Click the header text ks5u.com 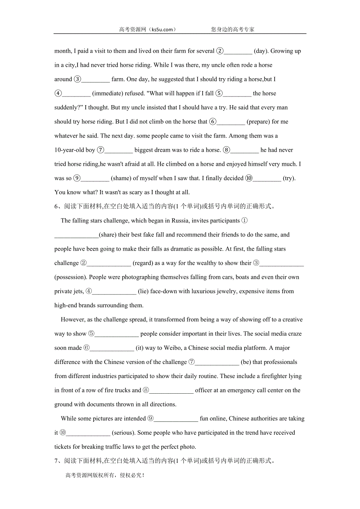click(160, 29)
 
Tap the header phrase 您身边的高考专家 click(233, 29)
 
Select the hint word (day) click(261, 51)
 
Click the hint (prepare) click(257, 122)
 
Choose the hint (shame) click(121, 178)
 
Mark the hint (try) click(289, 178)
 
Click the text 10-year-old click(69, 150)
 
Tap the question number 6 click(56, 206)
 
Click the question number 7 click(56, 461)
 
